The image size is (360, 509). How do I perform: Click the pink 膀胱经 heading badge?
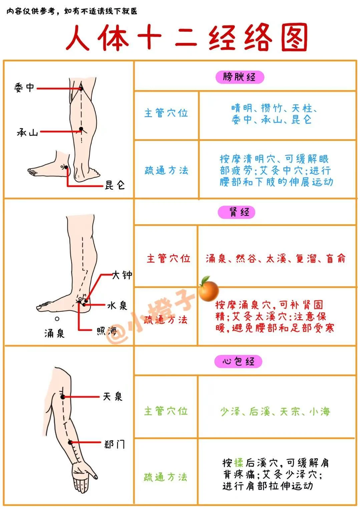240,77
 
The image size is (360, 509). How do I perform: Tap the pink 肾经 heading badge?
237,212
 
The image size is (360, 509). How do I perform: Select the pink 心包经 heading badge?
238,361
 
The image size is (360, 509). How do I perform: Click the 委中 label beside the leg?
24,88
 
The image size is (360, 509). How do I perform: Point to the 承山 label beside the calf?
27,132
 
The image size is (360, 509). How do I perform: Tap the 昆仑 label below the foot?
115,185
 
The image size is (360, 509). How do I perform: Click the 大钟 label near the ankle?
122,275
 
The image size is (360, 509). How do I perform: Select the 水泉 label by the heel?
117,306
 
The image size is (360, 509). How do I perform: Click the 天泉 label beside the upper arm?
113,397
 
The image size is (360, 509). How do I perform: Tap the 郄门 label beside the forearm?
114,444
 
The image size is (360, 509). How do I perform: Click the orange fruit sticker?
209,289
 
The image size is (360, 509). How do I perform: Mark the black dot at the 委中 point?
81,89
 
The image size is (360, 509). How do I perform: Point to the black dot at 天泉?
63,397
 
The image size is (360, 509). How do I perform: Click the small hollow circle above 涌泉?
57,319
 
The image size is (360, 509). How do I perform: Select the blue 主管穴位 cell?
166,113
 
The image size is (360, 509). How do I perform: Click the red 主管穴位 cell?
168,259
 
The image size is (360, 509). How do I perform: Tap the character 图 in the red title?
295,37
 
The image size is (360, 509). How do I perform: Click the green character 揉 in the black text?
239,462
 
